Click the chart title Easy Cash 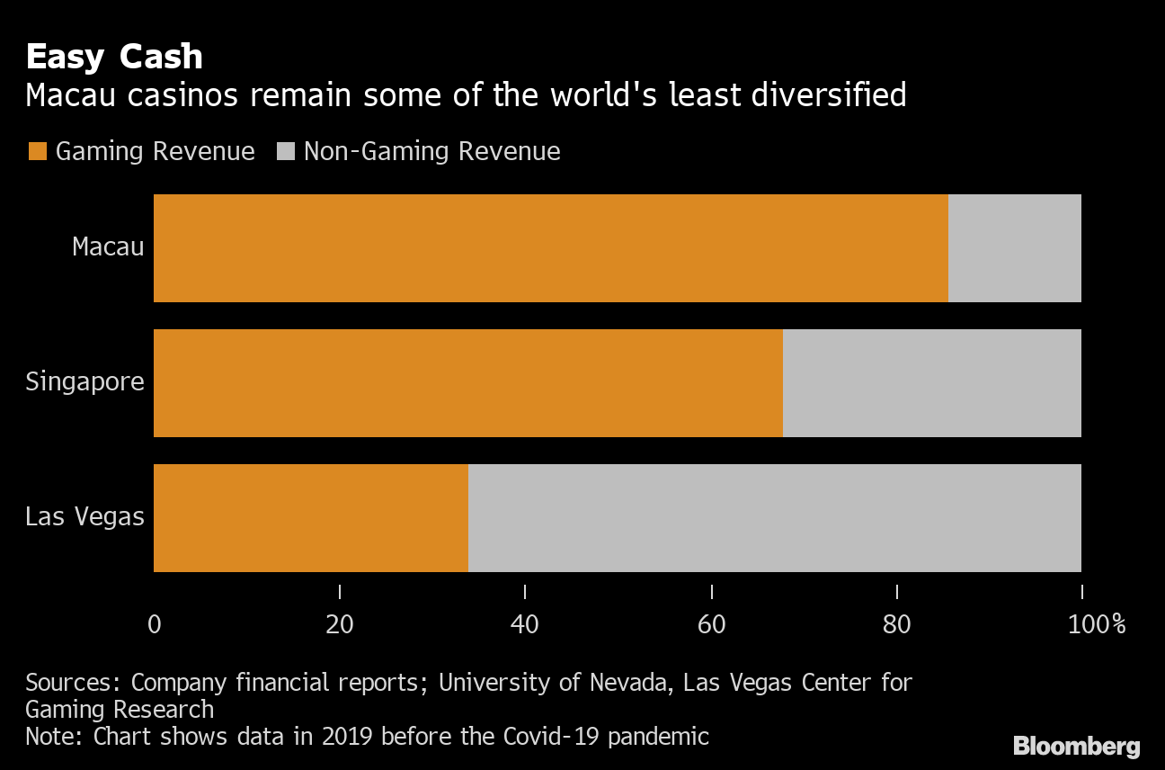[x=114, y=57]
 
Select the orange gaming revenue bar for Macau [x=550, y=248]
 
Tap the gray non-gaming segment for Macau [x=1014, y=248]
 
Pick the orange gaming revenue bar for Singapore [x=467, y=383]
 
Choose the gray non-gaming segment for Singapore [x=931, y=383]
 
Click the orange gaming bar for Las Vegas [x=311, y=518]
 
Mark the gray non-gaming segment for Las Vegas [x=774, y=518]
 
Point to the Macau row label [x=108, y=246]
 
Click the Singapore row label [x=84, y=381]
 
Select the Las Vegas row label [x=84, y=517]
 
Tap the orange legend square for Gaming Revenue [x=37, y=151]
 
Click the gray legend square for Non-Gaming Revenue [x=285, y=151]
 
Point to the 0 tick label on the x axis [x=154, y=624]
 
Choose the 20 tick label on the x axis [x=340, y=624]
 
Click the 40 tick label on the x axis [x=525, y=624]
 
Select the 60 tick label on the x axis [x=711, y=624]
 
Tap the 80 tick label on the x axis [x=896, y=624]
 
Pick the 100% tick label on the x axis [x=1096, y=624]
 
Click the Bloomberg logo [x=1076, y=746]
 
